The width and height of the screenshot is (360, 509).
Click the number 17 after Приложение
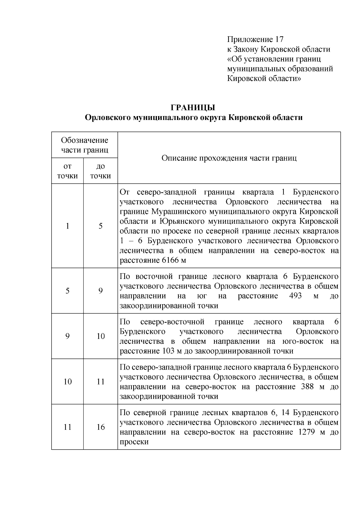click(x=278, y=40)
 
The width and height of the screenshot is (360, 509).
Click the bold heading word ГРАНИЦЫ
click(x=193, y=107)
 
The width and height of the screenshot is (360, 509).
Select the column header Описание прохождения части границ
click(x=229, y=158)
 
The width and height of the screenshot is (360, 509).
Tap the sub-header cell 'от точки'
click(x=67, y=171)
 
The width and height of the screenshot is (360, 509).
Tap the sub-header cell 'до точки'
click(x=100, y=171)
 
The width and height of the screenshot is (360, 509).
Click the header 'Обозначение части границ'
click(x=84, y=145)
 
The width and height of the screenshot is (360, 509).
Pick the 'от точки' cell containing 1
click(x=67, y=226)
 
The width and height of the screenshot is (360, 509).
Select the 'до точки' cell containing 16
click(x=100, y=427)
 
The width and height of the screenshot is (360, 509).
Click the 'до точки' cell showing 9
click(x=100, y=291)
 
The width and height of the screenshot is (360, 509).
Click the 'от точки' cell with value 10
click(x=67, y=382)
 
